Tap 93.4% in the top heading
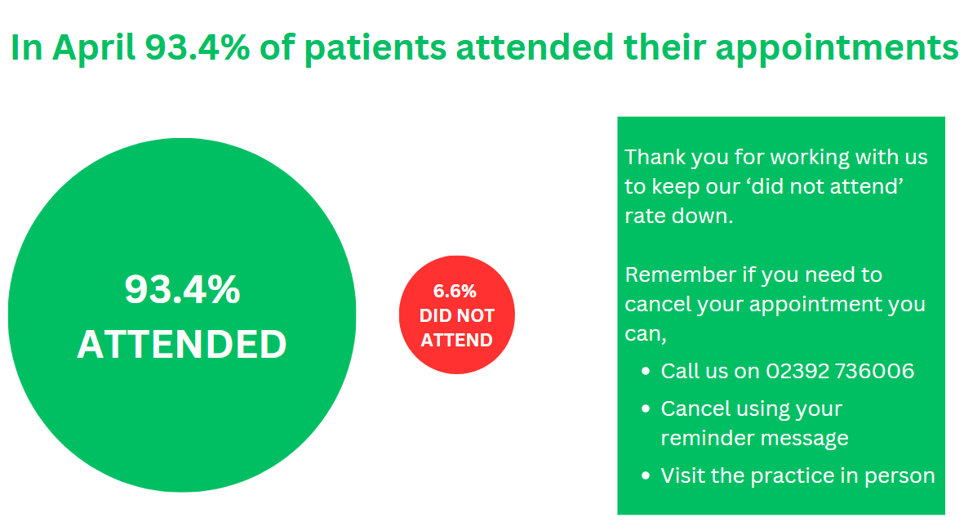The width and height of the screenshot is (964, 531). pos(198,47)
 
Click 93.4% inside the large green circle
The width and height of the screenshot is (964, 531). pos(182,288)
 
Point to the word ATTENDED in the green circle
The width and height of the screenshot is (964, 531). pos(182,344)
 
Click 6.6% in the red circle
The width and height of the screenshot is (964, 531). pos(455,291)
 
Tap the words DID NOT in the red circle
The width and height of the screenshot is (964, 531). pos(457,315)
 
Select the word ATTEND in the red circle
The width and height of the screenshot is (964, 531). pos(457,341)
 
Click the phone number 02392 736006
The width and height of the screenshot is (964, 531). pos(840,371)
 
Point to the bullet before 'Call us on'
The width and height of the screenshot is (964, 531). pos(646,372)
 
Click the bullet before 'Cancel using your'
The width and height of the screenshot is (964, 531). pos(646,409)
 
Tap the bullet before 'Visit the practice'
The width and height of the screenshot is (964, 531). pos(646,476)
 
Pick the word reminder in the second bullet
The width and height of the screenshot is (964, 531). pos(704,438)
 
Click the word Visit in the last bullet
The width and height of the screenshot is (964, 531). pos(679,475)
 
